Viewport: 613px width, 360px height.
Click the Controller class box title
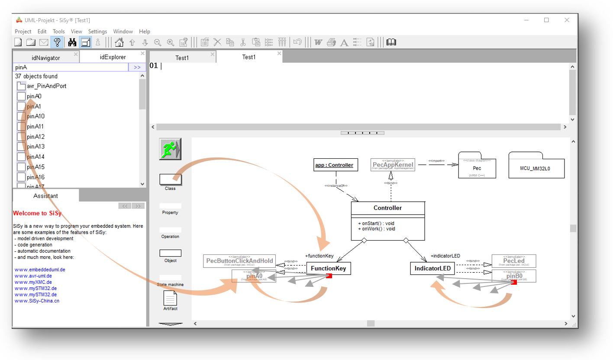pyautogui.click(x=387, y=208)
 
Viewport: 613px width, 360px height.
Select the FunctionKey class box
pyautogui.click(x=328, y=269)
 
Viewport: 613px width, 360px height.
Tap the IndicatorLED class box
pyautogui.click(x=432, y=269)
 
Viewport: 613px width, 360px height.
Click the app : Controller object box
pyautogui.click(x=336, y=165)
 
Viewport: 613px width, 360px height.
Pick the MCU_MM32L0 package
pyautogui.click(x=536, y=167)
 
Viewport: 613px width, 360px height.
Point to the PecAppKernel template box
pyautogui.click(x=393, y=165)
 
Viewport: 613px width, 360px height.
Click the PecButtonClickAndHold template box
pyautogui.click(x=239, y=261)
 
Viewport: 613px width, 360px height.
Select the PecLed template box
pyautogui.click(x=514, y=261)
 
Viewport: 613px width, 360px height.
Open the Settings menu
pyautogui.click(x=97, y=32)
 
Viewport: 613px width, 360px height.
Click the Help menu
pyautogui.click(x=145, y=32)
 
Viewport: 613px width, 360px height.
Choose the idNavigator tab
pyautogui.click(x=45, y=57)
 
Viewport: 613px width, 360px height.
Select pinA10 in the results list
pyautogui.click(x=35, y=116)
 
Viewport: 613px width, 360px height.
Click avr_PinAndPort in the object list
pyautogui.click(x=46, y=86)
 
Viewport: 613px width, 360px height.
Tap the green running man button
pyautogui.click(x=170, y=149)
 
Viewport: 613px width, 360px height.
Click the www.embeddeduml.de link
pyautogui.click(x=39, y=270)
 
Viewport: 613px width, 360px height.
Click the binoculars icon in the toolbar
pyautogui.click(x=72, y=42)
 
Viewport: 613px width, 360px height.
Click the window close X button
pyautogui.click(x=567, y=20)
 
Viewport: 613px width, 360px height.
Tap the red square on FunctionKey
pyautogui.click(x=329, y=276)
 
